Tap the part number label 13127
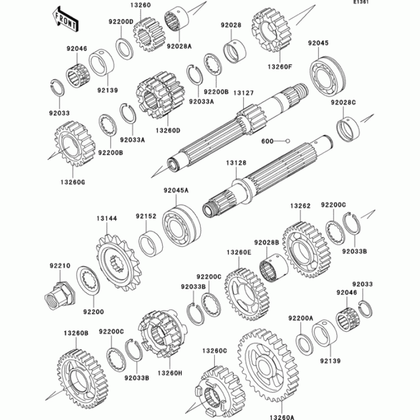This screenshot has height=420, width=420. [244, 93]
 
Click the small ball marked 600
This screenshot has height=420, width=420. [288, 141]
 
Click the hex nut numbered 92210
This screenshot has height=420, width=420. [60, 293]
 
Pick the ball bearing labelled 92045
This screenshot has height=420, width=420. [328, 75]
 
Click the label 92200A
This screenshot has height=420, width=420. [300, 318]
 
